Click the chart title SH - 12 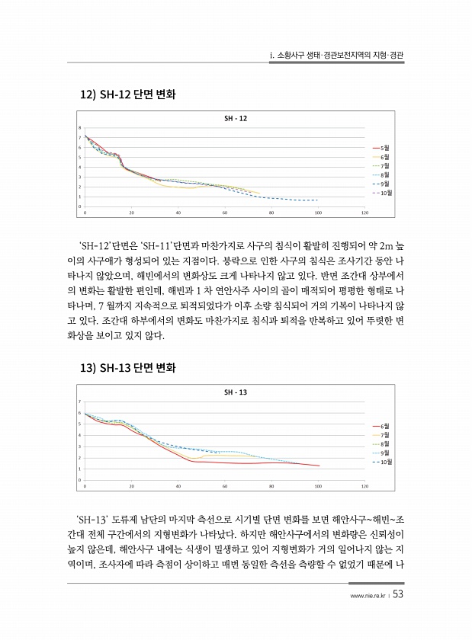236,119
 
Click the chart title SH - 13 236,392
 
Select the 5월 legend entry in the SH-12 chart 384,148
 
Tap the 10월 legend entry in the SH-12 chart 386,193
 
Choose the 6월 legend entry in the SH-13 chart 384,425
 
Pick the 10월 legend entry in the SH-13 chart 386,462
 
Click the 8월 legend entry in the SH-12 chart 384,174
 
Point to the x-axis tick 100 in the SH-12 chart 317,213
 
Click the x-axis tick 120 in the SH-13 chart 364,485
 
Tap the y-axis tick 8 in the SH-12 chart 80,127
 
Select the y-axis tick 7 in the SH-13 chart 80,402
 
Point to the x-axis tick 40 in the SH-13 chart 178,485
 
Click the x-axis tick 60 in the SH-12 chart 224,213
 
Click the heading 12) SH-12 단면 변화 128,97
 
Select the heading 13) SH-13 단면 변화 128,370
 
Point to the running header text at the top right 337,56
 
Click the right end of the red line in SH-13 319,466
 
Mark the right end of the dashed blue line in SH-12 317,200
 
